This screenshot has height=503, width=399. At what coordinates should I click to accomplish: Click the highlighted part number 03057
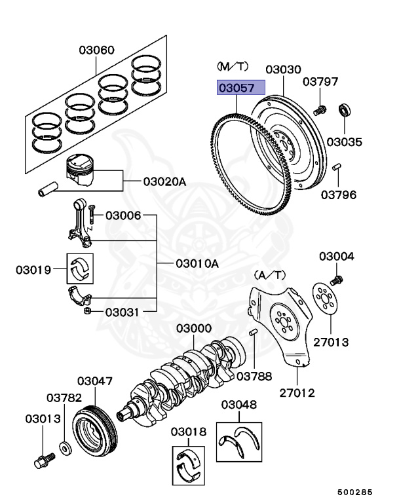click(241, 88)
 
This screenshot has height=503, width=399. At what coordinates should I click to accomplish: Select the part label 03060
click(97, 50)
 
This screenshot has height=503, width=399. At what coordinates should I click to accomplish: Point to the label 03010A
click(197, 264)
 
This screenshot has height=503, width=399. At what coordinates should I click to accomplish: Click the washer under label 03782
click(66, 449)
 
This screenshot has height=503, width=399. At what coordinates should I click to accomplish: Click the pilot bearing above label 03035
click(345, 109)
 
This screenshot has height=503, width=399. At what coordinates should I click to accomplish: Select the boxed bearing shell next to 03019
click(82, 268)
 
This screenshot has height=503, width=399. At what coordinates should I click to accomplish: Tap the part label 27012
click(297, 393)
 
